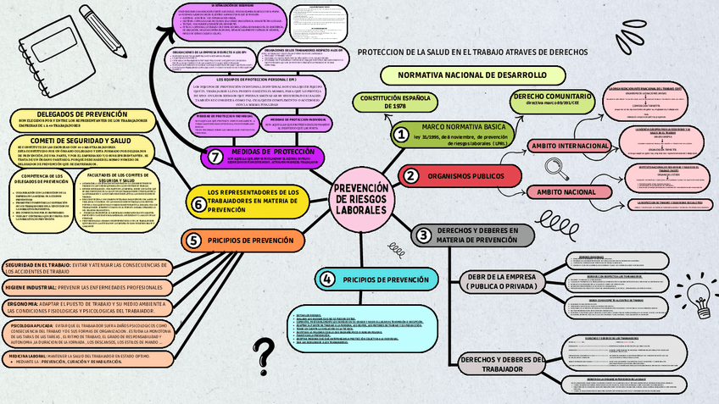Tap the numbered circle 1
(399, 134)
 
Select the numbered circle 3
(423, 235)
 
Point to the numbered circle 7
(215, 157)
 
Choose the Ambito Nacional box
(566, 191)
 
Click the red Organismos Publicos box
(465, 176)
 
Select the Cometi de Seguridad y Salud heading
(81, 141)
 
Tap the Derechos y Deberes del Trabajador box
(503, 363)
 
